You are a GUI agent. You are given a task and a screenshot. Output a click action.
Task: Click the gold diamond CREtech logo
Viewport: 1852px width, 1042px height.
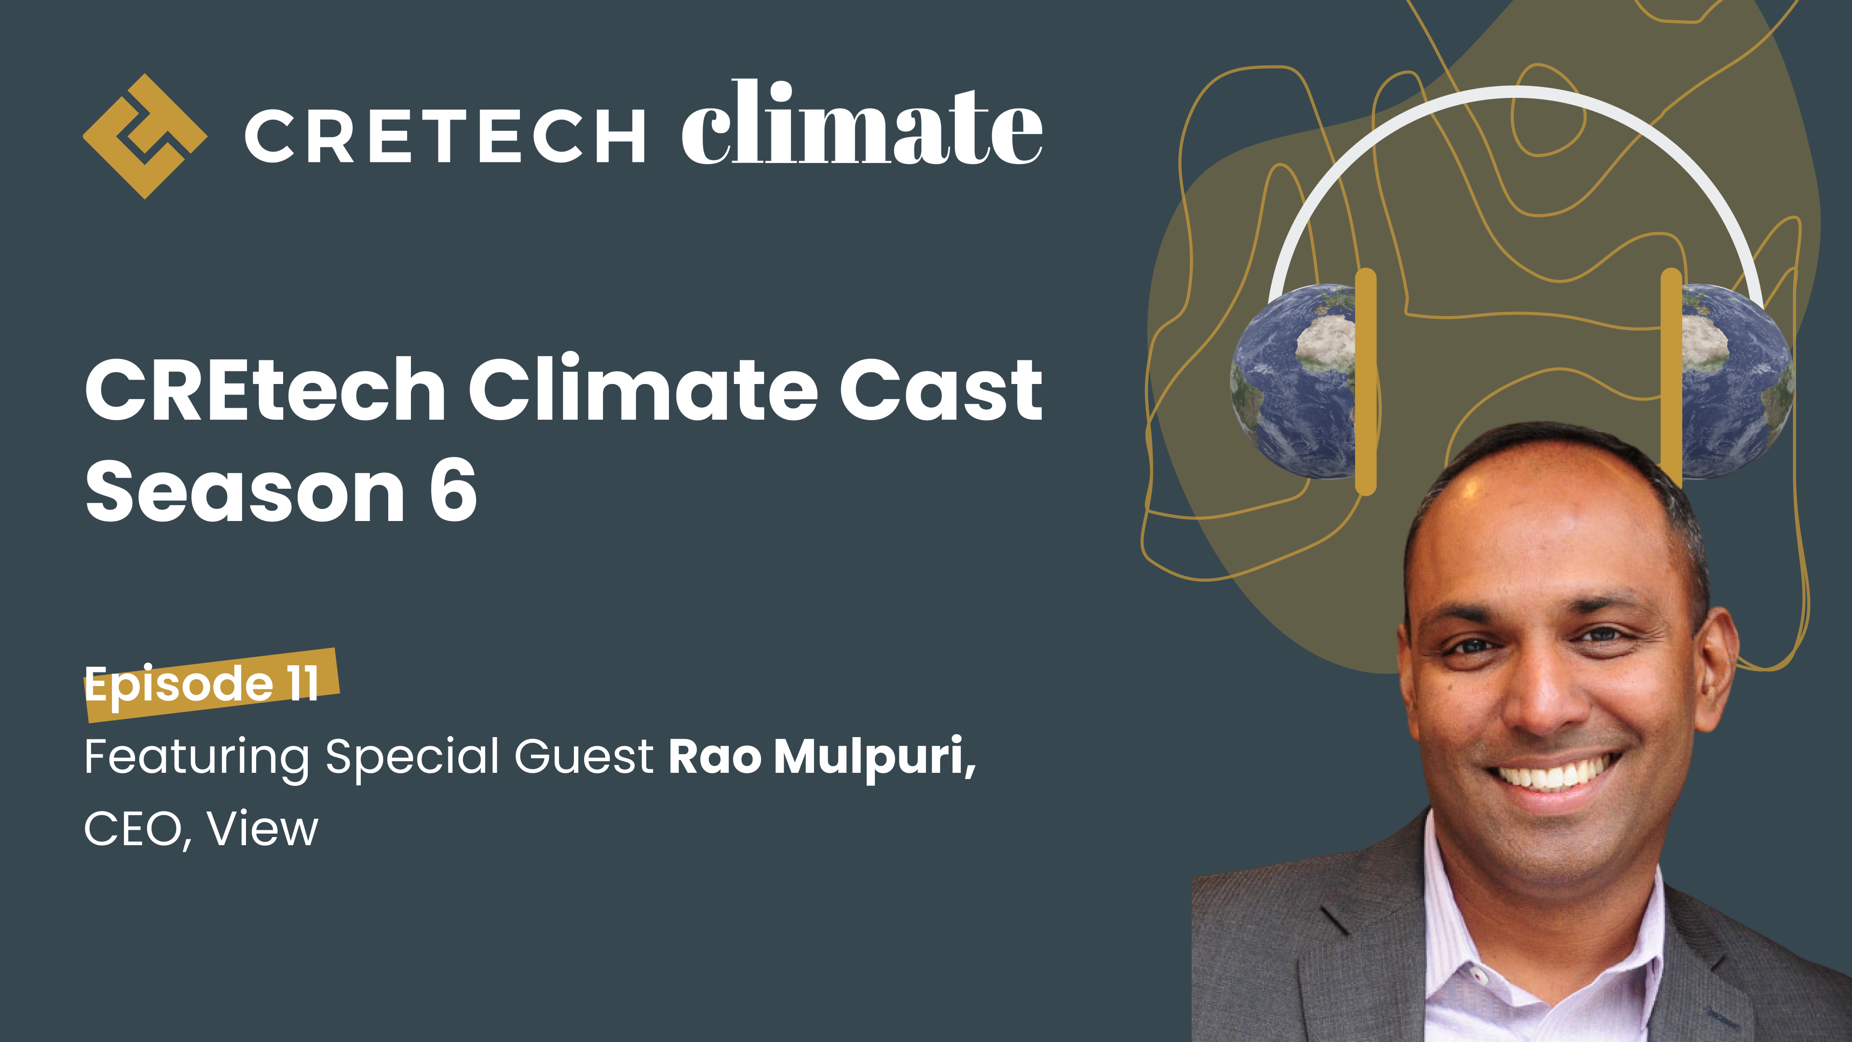[x=145, y=136]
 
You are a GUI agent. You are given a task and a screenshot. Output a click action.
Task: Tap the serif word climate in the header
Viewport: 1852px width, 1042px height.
[x=861, y=126]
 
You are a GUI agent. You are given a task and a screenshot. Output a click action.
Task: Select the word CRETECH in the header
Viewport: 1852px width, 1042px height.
[x=444, y=136]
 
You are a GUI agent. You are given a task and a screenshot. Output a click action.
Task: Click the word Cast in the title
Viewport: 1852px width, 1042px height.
[x=940, y=390]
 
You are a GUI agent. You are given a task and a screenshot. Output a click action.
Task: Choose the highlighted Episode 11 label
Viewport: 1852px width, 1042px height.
[x=203, y=683]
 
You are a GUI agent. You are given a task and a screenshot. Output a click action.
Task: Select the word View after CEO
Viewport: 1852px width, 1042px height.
[x=262, y=829]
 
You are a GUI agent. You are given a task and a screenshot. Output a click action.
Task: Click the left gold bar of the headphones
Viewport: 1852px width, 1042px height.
[x=1365, y=381]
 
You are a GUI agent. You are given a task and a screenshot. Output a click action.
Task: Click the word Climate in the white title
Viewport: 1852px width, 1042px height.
[x=643, y=390]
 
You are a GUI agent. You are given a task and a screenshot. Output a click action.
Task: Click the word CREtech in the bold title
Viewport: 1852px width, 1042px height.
[x=266, y=390]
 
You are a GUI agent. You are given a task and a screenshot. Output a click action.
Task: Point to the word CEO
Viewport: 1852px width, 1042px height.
[x=134, y=829]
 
